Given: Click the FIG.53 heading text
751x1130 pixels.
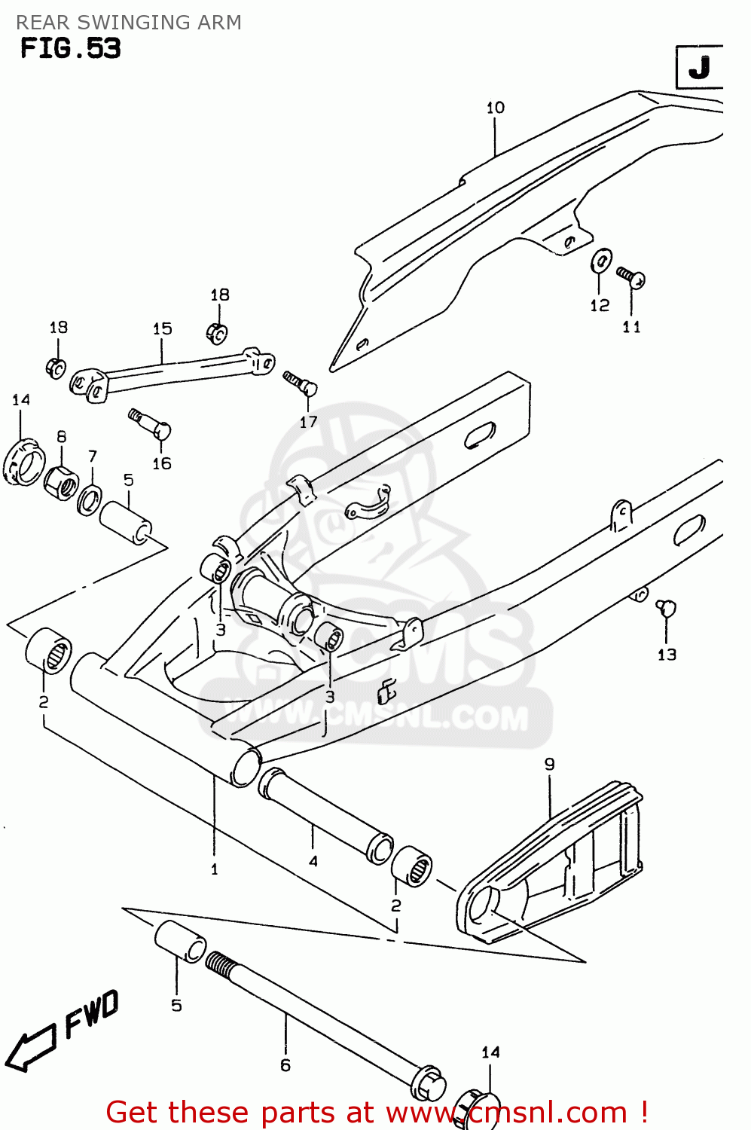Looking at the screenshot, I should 70,48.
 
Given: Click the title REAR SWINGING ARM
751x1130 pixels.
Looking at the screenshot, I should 129,23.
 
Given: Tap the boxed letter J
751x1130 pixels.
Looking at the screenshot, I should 699,68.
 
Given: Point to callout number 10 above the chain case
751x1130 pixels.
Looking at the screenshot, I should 495,108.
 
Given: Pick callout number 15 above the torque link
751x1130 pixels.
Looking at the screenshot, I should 162,328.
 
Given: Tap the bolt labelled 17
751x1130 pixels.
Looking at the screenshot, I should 301,383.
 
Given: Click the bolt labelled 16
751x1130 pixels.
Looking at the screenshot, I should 152,425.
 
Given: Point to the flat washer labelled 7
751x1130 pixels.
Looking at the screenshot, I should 90,499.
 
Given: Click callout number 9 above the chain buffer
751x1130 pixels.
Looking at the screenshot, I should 549,764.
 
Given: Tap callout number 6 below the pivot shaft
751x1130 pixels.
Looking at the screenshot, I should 285,1064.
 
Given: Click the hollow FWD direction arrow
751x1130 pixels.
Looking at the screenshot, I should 31,1047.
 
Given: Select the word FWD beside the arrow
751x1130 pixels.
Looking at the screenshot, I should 92,1013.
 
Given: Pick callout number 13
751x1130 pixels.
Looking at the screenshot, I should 667,655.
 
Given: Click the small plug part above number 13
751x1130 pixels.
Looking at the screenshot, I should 666,607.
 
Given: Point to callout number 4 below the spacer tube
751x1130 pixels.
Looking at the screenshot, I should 313,860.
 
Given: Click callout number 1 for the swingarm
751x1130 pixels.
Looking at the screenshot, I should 214,869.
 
